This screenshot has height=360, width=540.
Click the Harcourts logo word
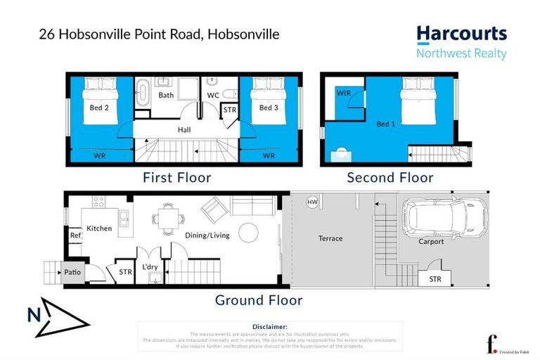(461, 34)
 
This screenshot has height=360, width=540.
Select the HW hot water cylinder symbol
(312, 203)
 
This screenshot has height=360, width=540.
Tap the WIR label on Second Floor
(344, 93)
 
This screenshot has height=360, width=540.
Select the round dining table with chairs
(167, 217)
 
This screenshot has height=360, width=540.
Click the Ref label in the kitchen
(75, 236)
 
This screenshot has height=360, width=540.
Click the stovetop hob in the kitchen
(99, 202)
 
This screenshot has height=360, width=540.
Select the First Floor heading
(176, 178)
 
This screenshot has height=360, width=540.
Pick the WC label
(212, 95)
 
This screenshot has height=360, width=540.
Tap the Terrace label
(330, 238)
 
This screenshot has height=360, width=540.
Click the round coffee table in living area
(247, 232)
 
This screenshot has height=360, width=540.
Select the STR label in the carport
(435, 279)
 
